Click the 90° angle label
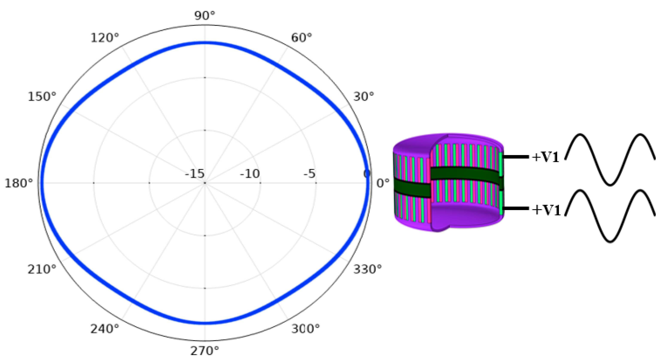tap(204, 16)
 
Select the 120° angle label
tap(105, 38)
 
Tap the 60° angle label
tap(301, 38)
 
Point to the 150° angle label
tap(42, 97)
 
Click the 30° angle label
tap(364, 97)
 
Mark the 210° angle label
tap(42, 270)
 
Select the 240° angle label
tap(105, 329)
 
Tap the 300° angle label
tap(305, 329)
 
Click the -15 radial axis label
tap(195, 174)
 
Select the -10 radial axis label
tap(250, 174)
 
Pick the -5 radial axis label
tap(309, 174)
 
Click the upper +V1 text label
tap(545, 157)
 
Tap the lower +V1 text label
tap(546, 210)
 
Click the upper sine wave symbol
tap(610, 159)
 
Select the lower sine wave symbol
tap(610, 216)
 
